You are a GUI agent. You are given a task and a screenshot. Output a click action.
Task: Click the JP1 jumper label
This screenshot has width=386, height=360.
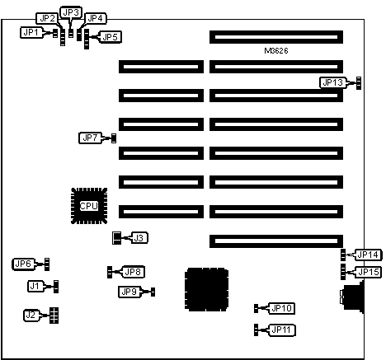pos(31,33)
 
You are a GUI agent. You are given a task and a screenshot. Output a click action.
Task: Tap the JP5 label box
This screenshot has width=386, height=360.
pos(111,37)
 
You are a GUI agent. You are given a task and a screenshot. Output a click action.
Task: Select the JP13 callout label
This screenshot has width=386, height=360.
pos(332,82)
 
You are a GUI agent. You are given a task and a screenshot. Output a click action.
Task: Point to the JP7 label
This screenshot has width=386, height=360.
pos(90,138)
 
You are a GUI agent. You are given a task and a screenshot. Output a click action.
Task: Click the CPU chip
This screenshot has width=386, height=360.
pos(89,206)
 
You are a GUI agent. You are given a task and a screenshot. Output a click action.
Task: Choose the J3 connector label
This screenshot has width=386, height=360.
pos(139,238)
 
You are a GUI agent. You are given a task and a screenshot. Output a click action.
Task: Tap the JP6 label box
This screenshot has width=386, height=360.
pos(23,264)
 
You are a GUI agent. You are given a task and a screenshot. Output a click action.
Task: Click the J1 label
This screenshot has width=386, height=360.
pos(35,287)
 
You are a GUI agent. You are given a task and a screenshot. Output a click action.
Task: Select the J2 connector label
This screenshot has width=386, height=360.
pos(31,315)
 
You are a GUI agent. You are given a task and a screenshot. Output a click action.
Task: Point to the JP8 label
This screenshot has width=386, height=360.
pos(134,272)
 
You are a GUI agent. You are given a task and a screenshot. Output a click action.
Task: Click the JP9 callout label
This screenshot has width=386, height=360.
pos(129,292)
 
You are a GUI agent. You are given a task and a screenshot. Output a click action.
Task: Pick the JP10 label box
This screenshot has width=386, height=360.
pos(281,308)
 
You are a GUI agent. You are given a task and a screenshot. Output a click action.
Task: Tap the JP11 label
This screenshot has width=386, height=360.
pos(281,330)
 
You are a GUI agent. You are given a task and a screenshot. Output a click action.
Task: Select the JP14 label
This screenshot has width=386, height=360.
pos(369,255)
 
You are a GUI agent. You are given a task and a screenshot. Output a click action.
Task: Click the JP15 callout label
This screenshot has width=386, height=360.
pos(369,272)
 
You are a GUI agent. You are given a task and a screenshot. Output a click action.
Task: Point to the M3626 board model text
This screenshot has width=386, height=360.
pos(276,51)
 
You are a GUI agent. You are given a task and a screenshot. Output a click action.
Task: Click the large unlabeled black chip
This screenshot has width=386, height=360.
pos(206,290)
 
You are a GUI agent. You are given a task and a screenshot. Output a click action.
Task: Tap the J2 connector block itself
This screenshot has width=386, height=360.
pos(54,316)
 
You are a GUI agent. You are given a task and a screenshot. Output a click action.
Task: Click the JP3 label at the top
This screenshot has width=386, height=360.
pos(71,12)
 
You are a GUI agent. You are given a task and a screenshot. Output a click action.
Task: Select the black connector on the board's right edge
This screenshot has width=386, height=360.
pos(352,297)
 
